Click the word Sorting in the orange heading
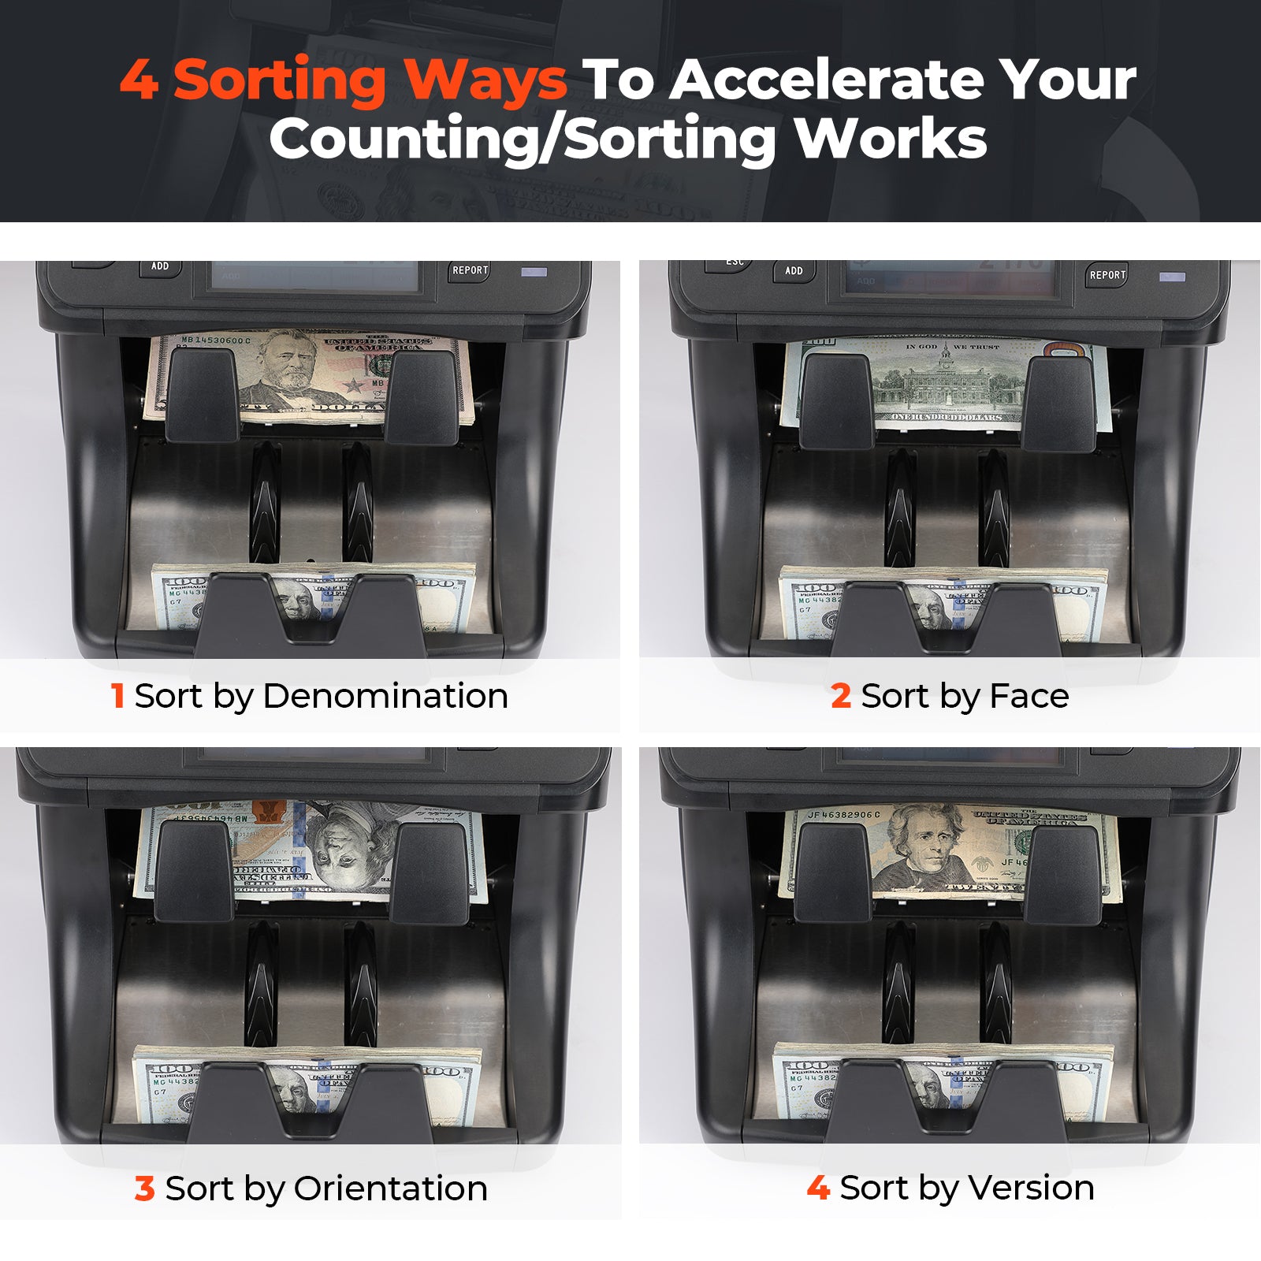(x=279, y=80)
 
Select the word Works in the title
(x=891, y=139)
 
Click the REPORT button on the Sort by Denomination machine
(x=470, y=270)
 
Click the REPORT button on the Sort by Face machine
(x=1107, y=275)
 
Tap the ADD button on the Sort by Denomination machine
(x=160, y=266)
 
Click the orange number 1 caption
(x=117, y=696)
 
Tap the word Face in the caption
(x=1029, y=696)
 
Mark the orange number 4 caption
(x=818, y=1187)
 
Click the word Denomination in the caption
(x=385, y=696)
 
